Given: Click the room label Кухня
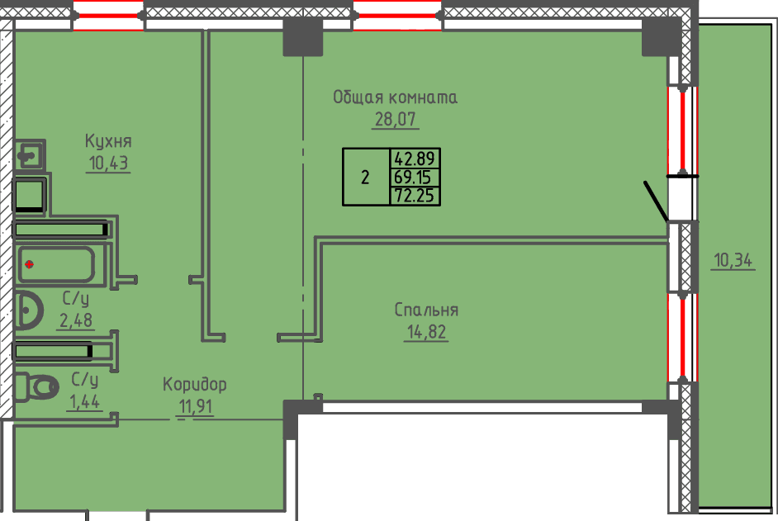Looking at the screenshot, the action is click(108, 141).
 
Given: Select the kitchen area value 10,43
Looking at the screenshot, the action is click(108, 163).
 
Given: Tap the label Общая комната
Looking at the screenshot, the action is click(395, 97).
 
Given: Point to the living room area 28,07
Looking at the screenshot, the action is click(396, 120).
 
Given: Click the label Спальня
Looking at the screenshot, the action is click(426, 310).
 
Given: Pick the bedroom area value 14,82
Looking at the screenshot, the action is click(426, 331).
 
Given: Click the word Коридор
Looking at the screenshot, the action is click(195, 385).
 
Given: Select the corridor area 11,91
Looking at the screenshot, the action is click(196, 406).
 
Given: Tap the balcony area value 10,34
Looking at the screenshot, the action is click(733, 260).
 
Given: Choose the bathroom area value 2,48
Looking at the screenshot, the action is click(76, 320).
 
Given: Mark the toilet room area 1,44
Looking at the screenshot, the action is click(84, 401).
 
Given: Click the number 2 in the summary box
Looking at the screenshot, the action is click(365, 178).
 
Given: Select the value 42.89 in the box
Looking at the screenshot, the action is click(415, 159).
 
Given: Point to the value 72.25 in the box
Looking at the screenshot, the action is click(415, 196).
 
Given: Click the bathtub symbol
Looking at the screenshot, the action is click(55, 264).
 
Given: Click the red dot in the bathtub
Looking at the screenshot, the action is click(29, 264).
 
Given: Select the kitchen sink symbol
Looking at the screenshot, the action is click(30, 156).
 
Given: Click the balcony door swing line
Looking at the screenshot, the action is click(656, 201).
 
